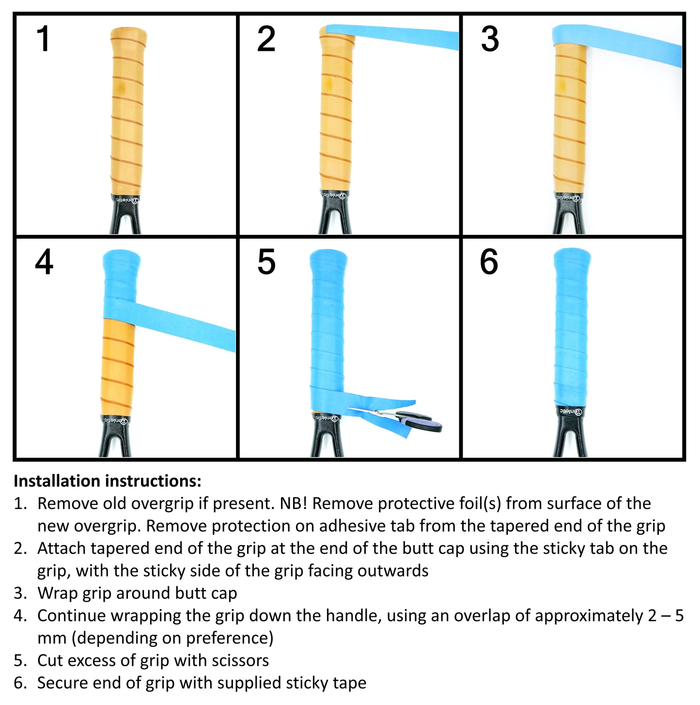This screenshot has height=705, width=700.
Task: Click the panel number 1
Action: click(43, 39)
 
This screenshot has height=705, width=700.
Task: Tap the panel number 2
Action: click(266, 39)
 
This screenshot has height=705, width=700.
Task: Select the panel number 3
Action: click(490, 39)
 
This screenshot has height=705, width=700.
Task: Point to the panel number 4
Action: click(44, 262)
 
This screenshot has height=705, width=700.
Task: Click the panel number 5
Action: click(266, 262)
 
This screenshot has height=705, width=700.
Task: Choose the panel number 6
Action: click(489, 262)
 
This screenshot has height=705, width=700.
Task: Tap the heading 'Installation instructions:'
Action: click(108, 481)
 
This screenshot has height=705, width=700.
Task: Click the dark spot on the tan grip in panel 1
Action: click(122, 87)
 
